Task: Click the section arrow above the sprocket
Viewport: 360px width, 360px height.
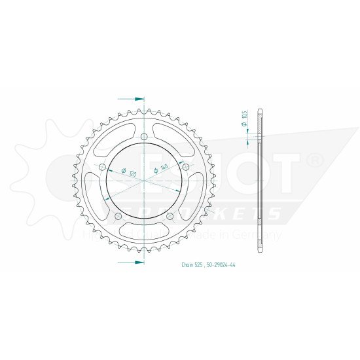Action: (x=139, y=99)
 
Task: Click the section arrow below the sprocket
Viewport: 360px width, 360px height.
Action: (x=139, y=262)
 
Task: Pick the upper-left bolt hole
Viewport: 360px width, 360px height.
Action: (x=101, y=168)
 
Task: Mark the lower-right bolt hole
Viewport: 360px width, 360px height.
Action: (x=170, y=216)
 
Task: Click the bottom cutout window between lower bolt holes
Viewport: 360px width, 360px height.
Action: (x=143, y=230)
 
